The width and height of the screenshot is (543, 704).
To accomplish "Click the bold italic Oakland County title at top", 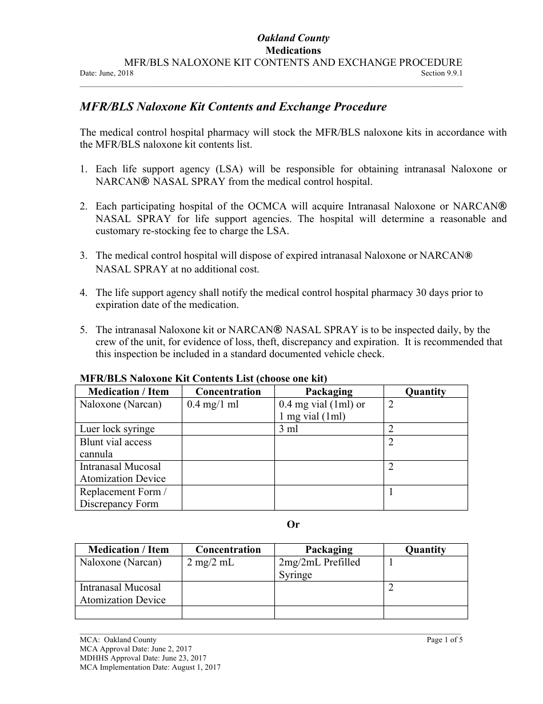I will click(x=293, y=38).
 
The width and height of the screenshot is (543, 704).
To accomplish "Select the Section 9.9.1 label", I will click(x=441, y=73).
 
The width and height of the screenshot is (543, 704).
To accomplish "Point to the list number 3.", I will click(x=83, y=255).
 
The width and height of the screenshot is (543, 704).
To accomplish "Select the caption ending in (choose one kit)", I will click(x=203, y=378).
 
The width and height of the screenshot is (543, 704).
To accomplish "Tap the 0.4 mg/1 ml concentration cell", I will click(x=213, y=405).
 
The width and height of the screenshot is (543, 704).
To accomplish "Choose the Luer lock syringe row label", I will click(x=117, y=429).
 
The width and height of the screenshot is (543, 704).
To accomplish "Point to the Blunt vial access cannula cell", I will click(x=116, y=448).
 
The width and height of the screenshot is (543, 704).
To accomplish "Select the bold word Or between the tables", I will click(x=293, y=524).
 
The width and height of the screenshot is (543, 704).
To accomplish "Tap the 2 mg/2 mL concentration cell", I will click(x=210, y=563).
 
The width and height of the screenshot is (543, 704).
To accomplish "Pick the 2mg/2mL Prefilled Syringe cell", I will click(x=319, y=568).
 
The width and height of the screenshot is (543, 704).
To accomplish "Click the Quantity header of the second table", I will click(x=425, y=549).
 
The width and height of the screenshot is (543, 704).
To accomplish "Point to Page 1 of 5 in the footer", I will click(x=445, y=640).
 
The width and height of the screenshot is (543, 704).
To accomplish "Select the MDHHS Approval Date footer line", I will click(x=143, y=658).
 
